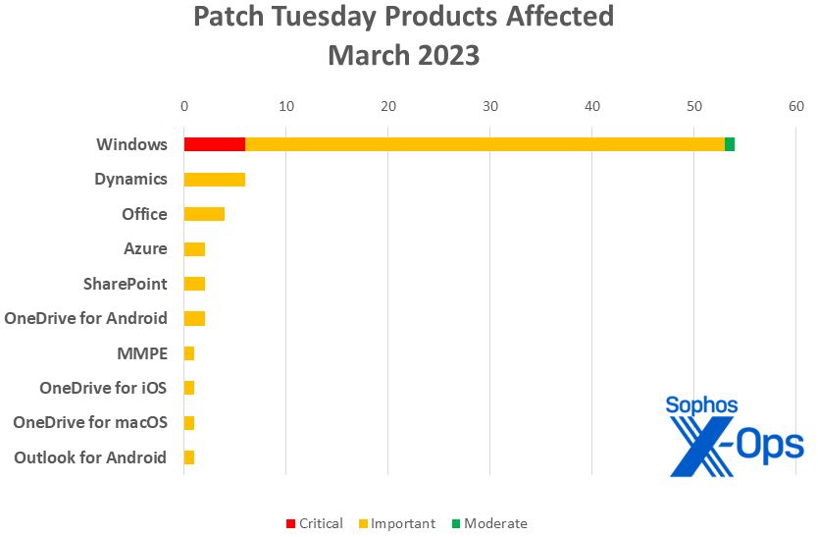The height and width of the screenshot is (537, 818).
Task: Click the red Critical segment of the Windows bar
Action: point(214,144)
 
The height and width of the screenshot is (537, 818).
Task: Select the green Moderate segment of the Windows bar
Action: point(730,144)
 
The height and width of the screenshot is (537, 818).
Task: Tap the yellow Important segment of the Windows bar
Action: point(485,144)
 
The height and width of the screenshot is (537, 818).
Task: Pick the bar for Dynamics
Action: point(214,180)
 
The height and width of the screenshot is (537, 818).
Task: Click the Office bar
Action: point(204,214)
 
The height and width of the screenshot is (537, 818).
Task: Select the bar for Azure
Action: point(194,249)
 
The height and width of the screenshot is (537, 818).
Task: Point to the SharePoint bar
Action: point(194,284)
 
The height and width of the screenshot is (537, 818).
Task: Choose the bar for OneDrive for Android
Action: point(194,318)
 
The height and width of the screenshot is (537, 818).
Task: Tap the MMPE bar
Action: point(189,353)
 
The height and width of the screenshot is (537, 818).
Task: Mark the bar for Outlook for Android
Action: point(189,457)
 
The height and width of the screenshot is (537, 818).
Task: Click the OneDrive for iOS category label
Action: point(103,388)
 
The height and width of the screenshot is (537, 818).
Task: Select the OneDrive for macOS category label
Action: point(90,423)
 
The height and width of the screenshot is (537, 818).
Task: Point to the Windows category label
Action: point(131,144)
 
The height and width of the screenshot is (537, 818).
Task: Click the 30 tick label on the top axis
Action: point(490,106)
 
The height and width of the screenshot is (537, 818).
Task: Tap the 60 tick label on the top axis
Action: point(795,106)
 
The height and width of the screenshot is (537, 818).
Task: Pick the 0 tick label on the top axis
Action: point(184,106)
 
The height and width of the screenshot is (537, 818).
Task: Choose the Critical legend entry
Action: point(314,523)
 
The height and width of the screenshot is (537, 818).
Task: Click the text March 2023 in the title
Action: point(403,55)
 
